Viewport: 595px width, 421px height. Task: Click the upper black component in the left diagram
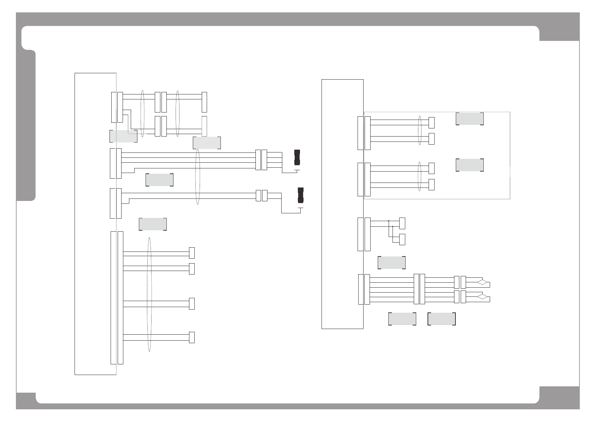click(x=297, y=158)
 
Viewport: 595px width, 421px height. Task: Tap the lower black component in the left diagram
click(x=301, y=195)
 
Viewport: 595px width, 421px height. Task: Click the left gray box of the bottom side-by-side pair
click(x=402, y=319)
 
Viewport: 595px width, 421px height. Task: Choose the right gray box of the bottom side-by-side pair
click(x=441, y=319)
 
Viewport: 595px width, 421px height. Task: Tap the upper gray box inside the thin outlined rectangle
click(x=470, y=119)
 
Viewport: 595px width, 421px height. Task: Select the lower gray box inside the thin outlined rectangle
click(x=470, y=165)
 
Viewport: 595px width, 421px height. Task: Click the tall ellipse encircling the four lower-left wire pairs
click(x=149, y=294)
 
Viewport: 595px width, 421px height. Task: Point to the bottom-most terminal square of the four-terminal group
click(x=192, y=338)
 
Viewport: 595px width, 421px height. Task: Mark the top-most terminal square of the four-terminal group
click(x=192, y=253)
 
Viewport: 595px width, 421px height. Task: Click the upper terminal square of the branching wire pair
click(x=402, y=224)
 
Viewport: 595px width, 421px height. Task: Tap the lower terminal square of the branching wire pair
click(x=402, y=240)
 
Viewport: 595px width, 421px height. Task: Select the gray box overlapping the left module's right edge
click(x=123, y=136)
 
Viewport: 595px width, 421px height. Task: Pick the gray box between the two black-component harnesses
click(x=159, y=180)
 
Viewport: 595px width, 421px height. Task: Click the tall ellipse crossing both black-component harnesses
click(x=198, y=177)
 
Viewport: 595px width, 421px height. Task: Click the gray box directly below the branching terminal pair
click(x=391, y=263)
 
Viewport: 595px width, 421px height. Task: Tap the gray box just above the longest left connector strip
click(x=153, y=224)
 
